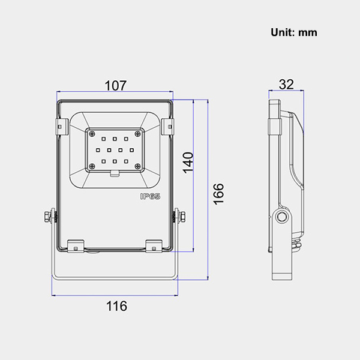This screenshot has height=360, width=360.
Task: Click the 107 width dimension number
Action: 115,85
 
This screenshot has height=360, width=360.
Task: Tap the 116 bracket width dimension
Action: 116,306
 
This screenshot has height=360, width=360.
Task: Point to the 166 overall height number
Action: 218,194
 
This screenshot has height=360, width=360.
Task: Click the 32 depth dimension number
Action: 286,84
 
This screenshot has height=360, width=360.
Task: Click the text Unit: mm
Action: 293,32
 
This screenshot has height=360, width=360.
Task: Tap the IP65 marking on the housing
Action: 149,196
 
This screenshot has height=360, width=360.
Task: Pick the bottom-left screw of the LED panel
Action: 92,167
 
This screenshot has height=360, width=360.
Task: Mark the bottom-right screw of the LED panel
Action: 139,167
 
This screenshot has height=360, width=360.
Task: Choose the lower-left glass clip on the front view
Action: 76,245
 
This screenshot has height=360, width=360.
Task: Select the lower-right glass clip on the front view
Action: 154,245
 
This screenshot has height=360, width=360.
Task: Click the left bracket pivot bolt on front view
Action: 48,217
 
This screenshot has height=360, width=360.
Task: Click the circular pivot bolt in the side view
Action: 281,217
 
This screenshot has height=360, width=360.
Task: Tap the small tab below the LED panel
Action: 115,175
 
